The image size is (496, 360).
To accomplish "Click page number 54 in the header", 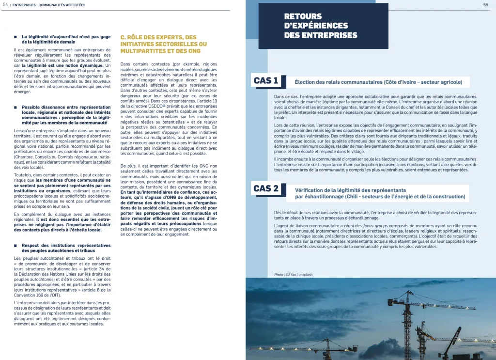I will coord(5,4).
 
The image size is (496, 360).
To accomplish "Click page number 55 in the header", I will coord(485,4).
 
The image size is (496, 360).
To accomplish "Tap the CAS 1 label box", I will coord(266,81).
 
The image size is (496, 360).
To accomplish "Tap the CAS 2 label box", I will coord(266,188).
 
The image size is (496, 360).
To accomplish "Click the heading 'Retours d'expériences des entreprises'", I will coord(321,26).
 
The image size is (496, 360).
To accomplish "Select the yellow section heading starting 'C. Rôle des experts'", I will coord(163,44).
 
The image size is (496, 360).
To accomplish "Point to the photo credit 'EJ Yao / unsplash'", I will coord(293,275).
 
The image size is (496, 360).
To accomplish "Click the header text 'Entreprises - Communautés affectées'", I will coord(48,4).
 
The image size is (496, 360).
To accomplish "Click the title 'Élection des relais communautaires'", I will coord(378,82).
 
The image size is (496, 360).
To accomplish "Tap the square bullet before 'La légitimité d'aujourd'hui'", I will coord(16,36).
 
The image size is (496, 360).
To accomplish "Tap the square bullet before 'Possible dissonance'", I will coord(16,107).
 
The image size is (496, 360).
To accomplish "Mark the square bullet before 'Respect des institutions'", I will coord(16,246).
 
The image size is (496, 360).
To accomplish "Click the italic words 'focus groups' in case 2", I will coord(373,226).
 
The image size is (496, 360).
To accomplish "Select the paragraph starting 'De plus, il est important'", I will coord(169,200).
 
